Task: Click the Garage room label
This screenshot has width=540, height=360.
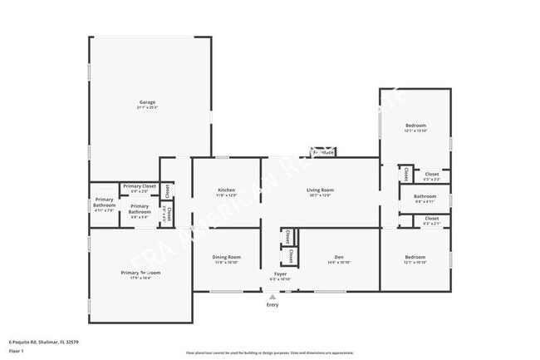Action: coord(147,102)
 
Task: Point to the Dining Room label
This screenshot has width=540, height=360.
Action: coord(227,257)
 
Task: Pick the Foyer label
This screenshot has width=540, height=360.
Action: coord(281,274)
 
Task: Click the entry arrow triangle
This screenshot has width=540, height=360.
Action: coord(272,297)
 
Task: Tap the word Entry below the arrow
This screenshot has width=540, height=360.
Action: coord(272,305)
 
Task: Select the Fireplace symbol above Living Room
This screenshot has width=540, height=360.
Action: coord(323,152)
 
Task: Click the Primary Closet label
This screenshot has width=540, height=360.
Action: coord(139,186)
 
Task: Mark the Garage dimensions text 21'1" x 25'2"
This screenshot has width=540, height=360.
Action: coord(147,107)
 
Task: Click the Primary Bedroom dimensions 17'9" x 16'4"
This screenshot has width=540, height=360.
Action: coord(140,278)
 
